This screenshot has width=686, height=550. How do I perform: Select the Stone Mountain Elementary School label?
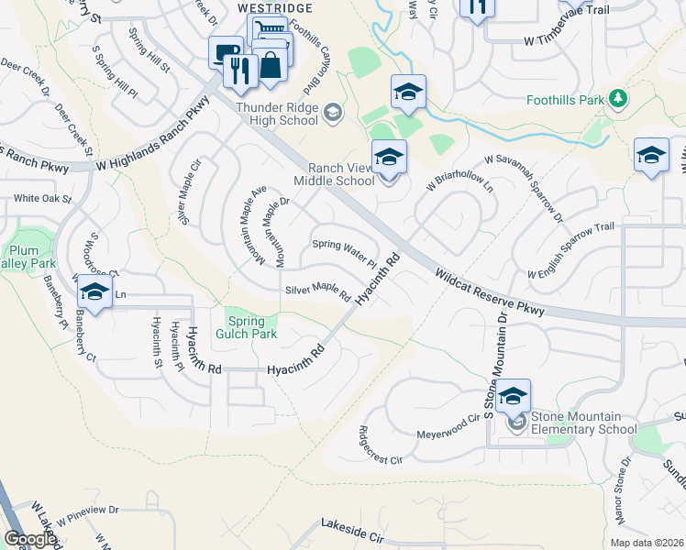pyautogui.click(x=581, y=422)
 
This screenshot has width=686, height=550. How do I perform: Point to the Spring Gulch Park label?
pyautogui.click(x=246, y=328)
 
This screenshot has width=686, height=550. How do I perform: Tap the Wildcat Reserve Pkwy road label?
pyautogui.click(x=490, y=292)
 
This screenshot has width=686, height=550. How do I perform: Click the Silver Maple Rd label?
pyautogui.click(x=318, y=291)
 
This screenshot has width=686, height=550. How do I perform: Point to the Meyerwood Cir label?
pyautogui.click(x=449, y=419)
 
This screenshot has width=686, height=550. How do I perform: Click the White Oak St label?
pyautogui.click(x=42, y=198)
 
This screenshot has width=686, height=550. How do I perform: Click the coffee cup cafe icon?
pyautogui.click(x=225, y=51)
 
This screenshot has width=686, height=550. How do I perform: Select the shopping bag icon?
pyautogui.click(x=272, y=64)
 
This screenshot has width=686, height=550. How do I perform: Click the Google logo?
pyautogui.click(x=30, y=539)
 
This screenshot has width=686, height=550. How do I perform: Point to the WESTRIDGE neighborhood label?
pyautogui.click(x=275, y=8)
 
